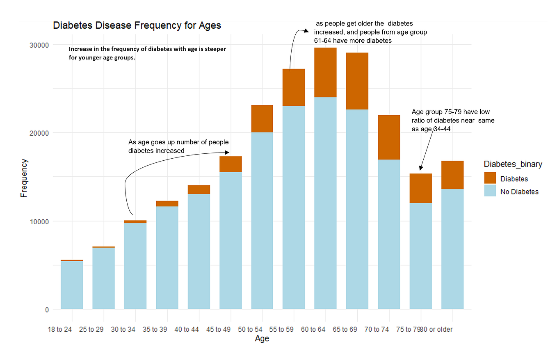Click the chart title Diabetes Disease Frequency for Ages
pyautogui.click(x=137, y=25)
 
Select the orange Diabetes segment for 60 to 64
pyautogui.click(x=325, y=72)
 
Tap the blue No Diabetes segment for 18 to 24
pyautogui.click(x=72, y=285)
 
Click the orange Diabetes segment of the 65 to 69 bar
pyautogui.click(x=357, y=81)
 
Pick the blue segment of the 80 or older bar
pyautogui.click(x=452, y=249)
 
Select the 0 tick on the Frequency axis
pyautogui.click(x=46, y=310)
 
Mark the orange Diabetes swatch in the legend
pyautogui.click(x=490, y=178)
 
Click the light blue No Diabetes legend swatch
pyautogui.click(x=490, y=191)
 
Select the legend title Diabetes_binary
pyautogui.click(x=513, y=164)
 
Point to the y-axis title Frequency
pyautogui.click(x=24, y=178)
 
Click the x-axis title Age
pyautogui.click(x=262, y=339)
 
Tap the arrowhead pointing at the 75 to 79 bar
pyautogui.click(x=420, y=168)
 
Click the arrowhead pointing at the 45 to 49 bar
pyautogui.click(x=227, y=153)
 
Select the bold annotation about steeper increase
pyautogui.click(x=147, y=53)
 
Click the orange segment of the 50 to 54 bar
pyautogui.click(x=262, y=118)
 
